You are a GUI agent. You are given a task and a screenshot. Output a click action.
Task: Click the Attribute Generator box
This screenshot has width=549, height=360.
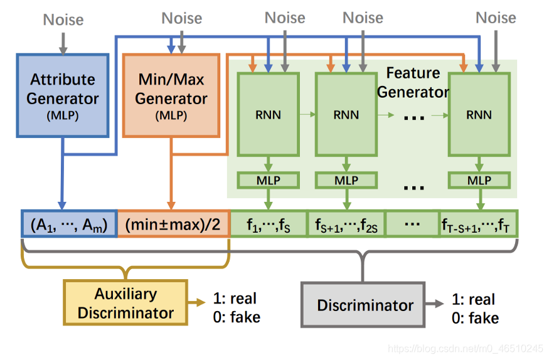pos(63,95)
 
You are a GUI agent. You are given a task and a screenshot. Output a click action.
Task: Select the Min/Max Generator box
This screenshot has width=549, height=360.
pos(171,95)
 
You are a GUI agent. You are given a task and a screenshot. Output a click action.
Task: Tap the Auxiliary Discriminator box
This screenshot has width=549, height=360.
pos(125,303)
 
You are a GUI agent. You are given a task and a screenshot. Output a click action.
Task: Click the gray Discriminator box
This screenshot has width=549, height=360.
pos(363,305)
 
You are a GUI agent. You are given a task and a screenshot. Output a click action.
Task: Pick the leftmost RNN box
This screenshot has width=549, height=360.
pos(268,114)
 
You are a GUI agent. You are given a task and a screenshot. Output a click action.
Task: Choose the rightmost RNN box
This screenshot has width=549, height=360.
pos(479,114)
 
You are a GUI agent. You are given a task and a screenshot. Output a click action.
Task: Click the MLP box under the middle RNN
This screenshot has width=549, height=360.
pos(346,181)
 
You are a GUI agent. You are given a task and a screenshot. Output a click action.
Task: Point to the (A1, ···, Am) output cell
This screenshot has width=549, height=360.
pos(69,225)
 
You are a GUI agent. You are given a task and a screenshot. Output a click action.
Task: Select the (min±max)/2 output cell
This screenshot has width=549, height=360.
pos(174,225)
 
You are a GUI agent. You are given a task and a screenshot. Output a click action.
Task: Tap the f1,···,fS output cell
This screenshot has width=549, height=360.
pos(269,225)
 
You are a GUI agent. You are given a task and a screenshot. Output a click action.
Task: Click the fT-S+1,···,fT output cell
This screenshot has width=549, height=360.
pos(478,225)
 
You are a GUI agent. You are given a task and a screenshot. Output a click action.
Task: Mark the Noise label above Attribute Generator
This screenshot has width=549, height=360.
pos(63,19)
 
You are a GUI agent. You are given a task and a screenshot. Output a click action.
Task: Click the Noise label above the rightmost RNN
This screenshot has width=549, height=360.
pos(496,18)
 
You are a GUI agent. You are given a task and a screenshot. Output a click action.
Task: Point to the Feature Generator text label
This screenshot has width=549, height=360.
pos(413,83)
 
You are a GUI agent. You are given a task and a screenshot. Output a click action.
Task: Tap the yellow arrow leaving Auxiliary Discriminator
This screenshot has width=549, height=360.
pos(196,302)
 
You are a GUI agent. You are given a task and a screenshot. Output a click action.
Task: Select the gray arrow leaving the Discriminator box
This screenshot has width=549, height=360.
pos(435,304)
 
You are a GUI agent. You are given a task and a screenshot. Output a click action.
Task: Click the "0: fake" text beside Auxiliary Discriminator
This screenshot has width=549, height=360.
pos(237,317)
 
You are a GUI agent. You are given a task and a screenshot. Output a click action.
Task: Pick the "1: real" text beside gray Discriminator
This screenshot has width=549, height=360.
pos(473,299)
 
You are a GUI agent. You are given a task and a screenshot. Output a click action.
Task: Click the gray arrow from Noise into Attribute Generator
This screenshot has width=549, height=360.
pos(63,44)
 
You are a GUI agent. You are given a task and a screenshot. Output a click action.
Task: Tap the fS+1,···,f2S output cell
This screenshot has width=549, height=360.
pos(346,225)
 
